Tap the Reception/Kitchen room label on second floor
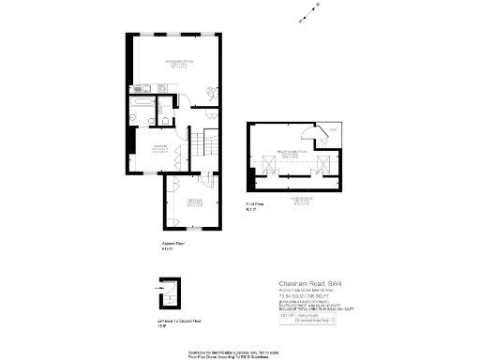(x=175, y=64)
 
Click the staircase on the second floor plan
(x=204, y=145)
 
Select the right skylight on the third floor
(x=322, y=166)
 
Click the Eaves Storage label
(x=298, y=201)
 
